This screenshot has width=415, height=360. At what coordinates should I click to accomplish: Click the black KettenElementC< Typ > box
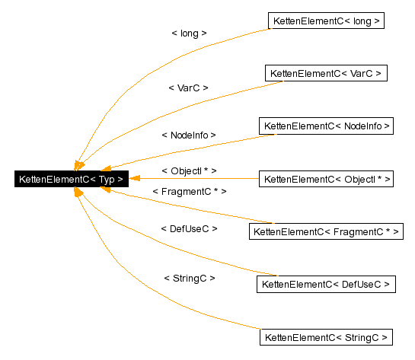click(x=71, y=180)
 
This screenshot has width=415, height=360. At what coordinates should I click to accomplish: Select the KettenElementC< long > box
click(x=325, y=21)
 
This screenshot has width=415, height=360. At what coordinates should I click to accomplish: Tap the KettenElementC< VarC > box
click(x=326, y=74)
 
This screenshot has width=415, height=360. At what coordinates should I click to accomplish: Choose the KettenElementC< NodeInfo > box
click(x=326, y=126)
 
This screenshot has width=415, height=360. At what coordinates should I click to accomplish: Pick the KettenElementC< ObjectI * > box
click(x=326, y=180)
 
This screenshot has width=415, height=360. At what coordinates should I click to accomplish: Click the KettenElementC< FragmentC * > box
click(x=326, y=231)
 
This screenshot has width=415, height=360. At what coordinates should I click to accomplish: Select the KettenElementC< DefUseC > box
click(x=326, y=284)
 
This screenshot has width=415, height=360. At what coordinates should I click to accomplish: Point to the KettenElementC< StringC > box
click(x=326, y=336)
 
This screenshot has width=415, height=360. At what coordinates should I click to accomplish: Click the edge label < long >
click(x=189, y=33)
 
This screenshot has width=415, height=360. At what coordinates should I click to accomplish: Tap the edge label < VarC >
click(x=188, y=88)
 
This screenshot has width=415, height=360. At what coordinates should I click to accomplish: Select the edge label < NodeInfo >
click(x=188, y=135)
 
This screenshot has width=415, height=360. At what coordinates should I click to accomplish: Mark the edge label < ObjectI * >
click(x=189, y=170)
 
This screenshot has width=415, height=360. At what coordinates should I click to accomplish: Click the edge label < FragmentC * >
click(x=189, y=192)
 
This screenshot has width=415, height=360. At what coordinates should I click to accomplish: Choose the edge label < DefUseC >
click(x=189, y=228)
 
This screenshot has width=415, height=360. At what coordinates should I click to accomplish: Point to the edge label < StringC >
click(x=189, y=279)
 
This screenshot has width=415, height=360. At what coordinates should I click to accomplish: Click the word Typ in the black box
click(x=107, y=180)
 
